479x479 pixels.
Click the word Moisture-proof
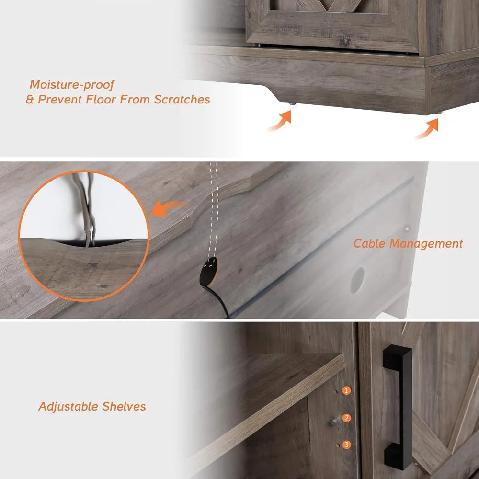pos(72,85)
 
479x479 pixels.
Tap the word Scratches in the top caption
pos(182,100)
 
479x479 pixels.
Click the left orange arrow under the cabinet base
pos(280,121)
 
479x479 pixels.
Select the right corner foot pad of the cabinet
pos(438,112)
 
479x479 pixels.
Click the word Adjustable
pos(68,407)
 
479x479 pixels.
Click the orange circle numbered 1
pos(347,391)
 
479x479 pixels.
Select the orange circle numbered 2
pos(347,418)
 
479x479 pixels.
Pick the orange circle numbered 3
pos(347,445)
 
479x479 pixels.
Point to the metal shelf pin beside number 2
pos(334,422)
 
